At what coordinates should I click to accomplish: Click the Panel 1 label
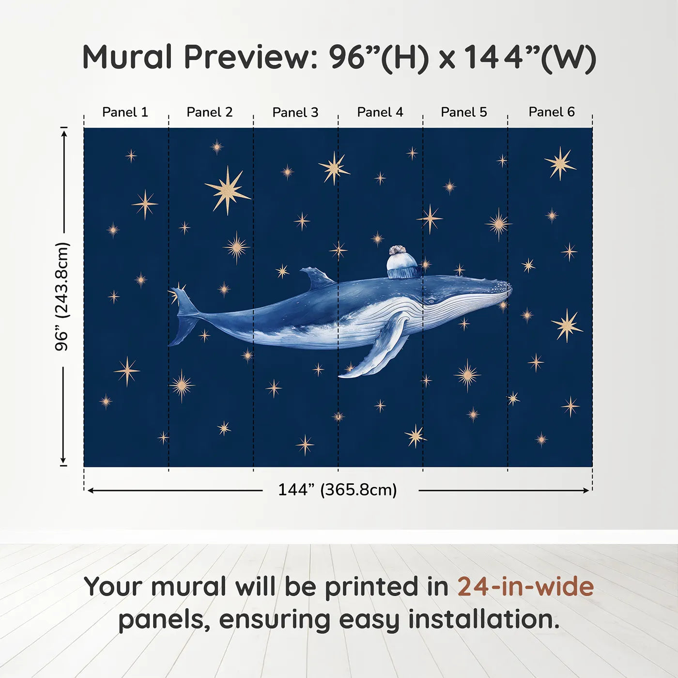coord(125,112)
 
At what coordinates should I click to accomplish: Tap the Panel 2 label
coord(210,112)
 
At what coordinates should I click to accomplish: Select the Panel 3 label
coord(295,112)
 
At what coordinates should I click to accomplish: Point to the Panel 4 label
coord(380,112)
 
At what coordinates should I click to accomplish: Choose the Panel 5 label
coord(464,112)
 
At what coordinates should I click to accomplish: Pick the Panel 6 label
coord(552,112)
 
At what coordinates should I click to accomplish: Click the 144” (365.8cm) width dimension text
coord(338,490)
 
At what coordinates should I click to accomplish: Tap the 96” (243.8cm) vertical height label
coord(62,296)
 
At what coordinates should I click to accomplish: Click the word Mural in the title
coord(127,57)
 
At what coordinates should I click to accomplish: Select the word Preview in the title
coord(250,57)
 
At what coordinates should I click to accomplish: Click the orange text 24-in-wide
coord(525,587)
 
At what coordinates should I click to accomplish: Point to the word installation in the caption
coord(483,620)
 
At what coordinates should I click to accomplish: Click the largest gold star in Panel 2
coord(227,190)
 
